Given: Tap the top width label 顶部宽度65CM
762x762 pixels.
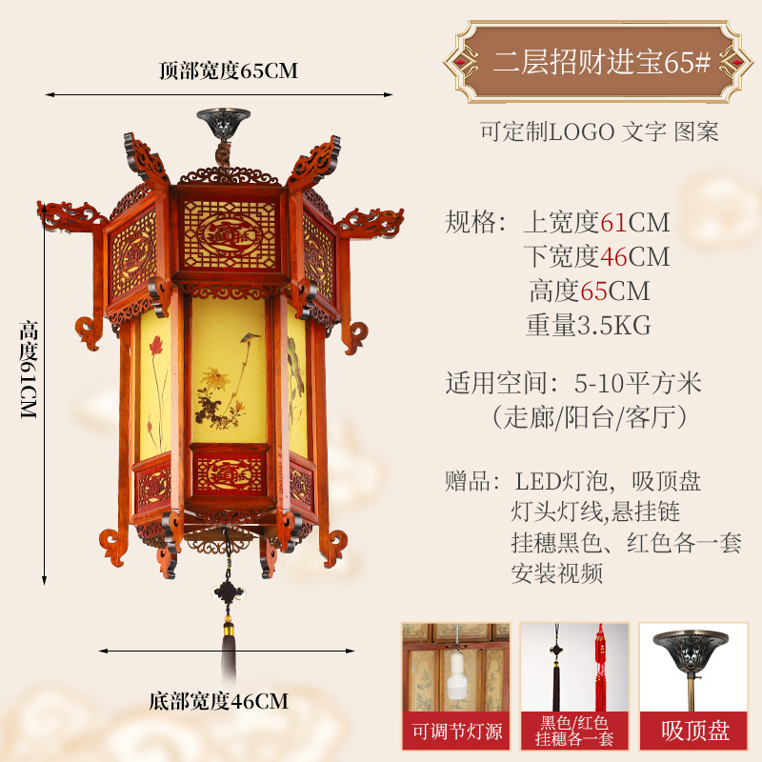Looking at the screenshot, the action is coord(229,70).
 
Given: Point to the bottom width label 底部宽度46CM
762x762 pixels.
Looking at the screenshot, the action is coord(218,702).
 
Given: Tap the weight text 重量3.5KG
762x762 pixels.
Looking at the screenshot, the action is coord(588,325).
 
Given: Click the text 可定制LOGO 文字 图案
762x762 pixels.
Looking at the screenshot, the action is coord(599,131).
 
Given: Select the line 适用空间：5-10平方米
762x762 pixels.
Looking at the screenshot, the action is coord(573,383).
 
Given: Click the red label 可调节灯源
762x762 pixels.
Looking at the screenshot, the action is coord(455,732).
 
